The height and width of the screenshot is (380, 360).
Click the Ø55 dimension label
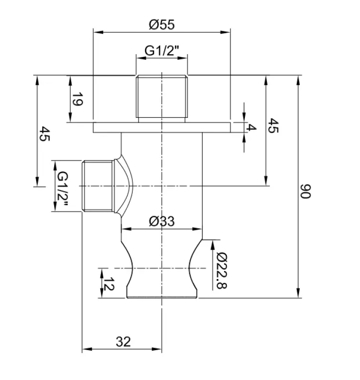(x=162, y=25)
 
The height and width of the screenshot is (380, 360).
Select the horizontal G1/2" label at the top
(x=162, y=51)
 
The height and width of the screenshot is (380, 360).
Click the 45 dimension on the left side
(x=45, y=133)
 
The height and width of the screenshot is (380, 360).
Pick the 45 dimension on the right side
(x=273, y=125)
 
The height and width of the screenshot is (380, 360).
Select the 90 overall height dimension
(x=305, y=191)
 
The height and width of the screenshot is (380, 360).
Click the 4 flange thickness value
(x=251, y=127)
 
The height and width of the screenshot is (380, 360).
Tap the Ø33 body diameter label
(x=162, y=221)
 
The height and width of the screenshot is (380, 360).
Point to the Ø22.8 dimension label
(x=222, y=271)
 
